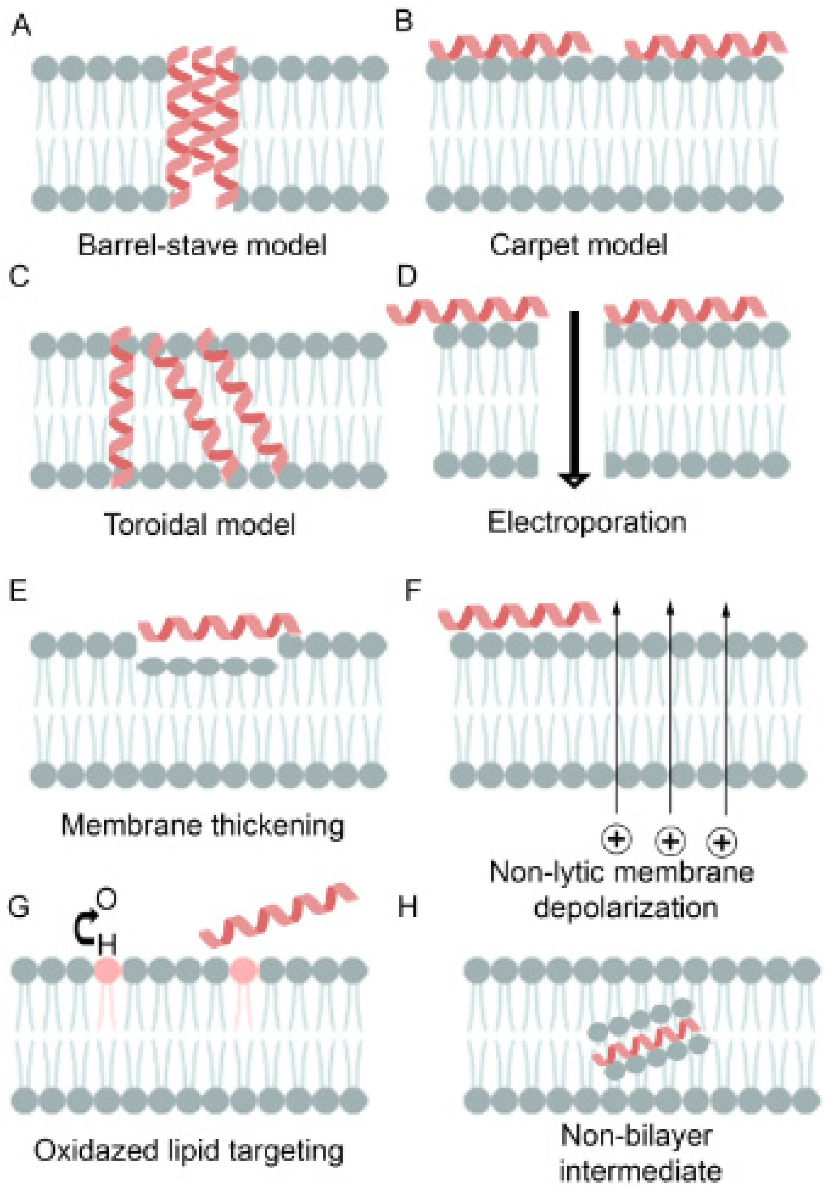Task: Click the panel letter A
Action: [x=21, y=26]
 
